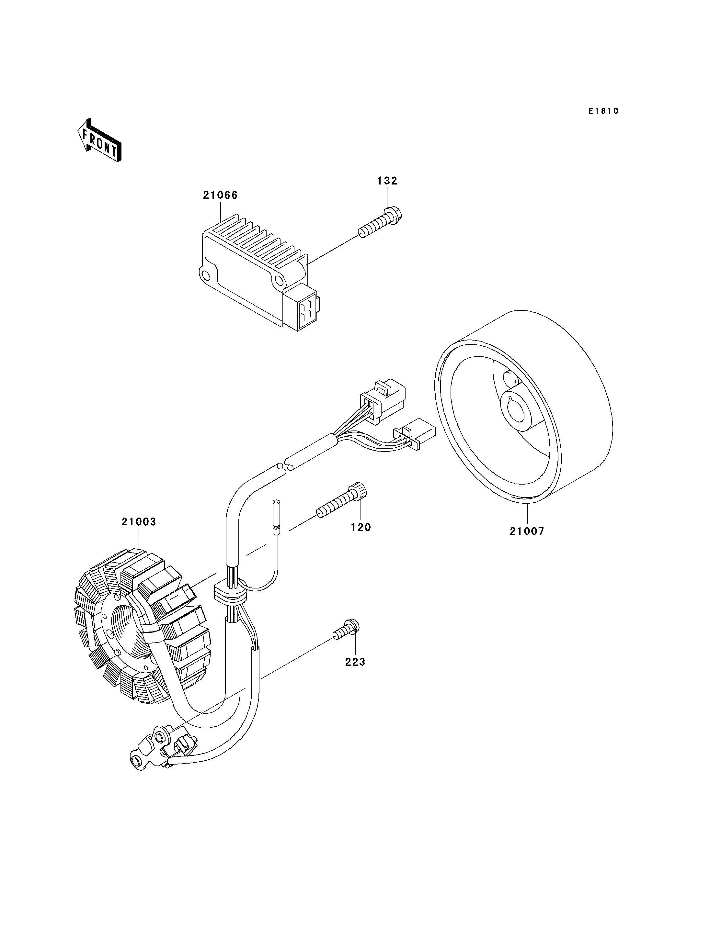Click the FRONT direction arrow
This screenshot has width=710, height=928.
(x=99, y=141)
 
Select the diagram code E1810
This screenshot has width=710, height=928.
(x=603, y=111)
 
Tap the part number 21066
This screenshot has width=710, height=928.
(x=220, y=195)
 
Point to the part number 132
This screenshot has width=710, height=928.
(x=387, y=181)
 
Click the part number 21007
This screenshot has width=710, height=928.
(x=527, y=531)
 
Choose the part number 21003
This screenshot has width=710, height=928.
(x=139, y=522)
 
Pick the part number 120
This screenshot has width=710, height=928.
(x=361, y=527)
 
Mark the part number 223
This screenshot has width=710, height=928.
(x=355, y=662)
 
